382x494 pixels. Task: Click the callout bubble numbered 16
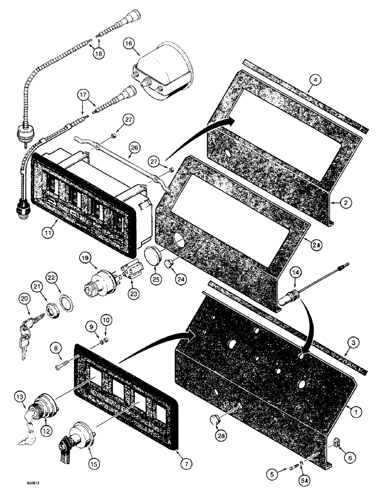129,44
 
